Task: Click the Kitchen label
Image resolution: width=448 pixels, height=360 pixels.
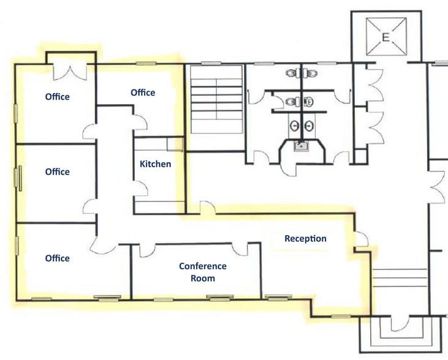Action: coord(156,164)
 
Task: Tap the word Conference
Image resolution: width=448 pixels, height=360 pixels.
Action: coord(203,266)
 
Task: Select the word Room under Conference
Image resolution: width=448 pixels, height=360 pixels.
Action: coord(203,278)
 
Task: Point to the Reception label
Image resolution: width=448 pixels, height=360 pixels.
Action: coord(305,239)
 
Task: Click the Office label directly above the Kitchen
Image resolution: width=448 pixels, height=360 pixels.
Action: coord(143,92)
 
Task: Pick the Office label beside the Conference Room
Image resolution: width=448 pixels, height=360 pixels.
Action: coord(57,258)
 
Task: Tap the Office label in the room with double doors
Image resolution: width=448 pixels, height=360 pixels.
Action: coord(57,97)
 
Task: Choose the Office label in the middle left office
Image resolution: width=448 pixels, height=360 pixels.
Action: coord(57,172)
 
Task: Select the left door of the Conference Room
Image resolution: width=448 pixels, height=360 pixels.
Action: coord(147,250)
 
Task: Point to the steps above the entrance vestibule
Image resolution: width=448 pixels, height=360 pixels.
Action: coord(399,279)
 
